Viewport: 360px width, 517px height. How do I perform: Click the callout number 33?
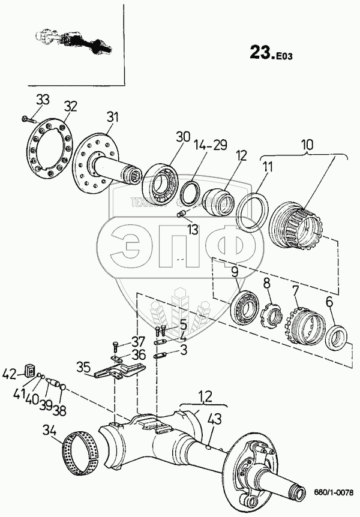pos(43,98)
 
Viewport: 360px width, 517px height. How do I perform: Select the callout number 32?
pos(71,107)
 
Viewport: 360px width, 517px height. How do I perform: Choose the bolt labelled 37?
pos(116,346)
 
